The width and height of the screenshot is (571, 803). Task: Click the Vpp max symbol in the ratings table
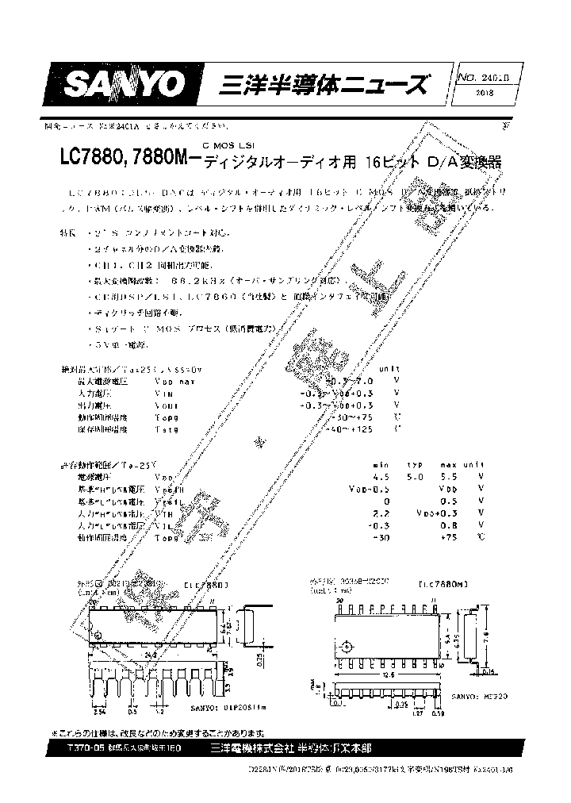point(174,381)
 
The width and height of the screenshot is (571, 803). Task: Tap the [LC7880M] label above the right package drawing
point(441,584)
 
